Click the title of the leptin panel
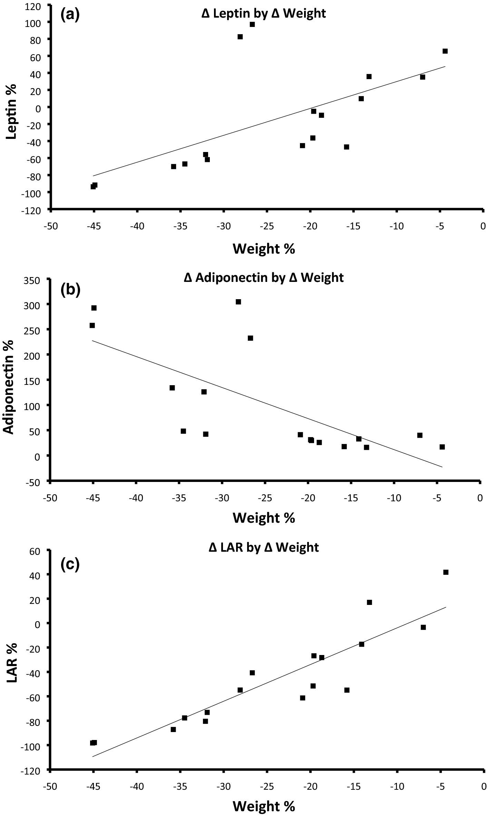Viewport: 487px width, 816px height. tap(263, 13)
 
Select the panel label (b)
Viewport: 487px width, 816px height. tap(70, 290)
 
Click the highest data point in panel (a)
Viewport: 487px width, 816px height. tap(252, 25)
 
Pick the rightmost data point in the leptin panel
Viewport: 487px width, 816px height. tap(445, 51)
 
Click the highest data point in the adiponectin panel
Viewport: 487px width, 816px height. tap(238, 302)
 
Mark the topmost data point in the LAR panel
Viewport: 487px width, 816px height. tap(446, 572)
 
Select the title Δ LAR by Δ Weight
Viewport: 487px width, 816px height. tap(264, 548)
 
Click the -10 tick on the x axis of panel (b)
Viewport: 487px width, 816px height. tap(394, 498)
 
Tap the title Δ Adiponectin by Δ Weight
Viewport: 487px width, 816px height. tap(264, 277)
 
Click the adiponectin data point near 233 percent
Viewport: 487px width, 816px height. tap(250, 338)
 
